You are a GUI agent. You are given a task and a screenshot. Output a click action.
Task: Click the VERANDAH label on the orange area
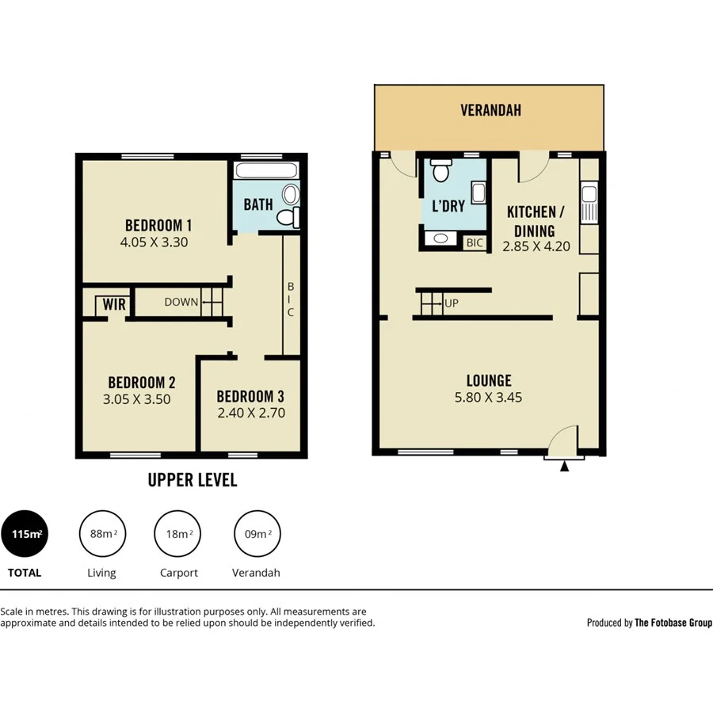tap(490, 111)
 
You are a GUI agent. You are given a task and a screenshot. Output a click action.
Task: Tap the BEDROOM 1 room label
tap(158, 225)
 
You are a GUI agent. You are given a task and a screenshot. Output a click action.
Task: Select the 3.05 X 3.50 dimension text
tap(136, 400)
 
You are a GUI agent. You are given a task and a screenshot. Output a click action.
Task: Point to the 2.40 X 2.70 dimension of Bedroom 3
tap(251, 413)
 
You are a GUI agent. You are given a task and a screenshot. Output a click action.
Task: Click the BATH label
tap(258, 204)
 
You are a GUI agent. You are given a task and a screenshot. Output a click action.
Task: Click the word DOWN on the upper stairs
tap(181, 302)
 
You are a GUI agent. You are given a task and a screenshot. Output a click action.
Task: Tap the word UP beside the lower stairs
tap(452, 303)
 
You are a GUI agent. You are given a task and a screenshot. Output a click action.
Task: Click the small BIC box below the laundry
tap(475, 243)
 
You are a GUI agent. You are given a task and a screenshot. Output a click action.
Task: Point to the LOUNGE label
tap(489, 381)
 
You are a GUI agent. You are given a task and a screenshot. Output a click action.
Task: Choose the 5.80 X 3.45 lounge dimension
tap(488, 398)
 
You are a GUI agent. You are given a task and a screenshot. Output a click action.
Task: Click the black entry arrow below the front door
tap(564, 467)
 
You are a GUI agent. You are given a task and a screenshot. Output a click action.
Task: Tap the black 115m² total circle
tap(25, 534)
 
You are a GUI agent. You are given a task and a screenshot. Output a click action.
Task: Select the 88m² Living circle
tap(102, 534)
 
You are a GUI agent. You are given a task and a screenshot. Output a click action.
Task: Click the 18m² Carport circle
tap(177, 534)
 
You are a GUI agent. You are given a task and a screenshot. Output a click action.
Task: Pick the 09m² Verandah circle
tap(257, 534)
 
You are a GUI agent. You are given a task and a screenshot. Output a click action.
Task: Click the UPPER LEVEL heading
tap(193, 480)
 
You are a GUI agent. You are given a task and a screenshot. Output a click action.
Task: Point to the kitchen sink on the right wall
tap(589, 201)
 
